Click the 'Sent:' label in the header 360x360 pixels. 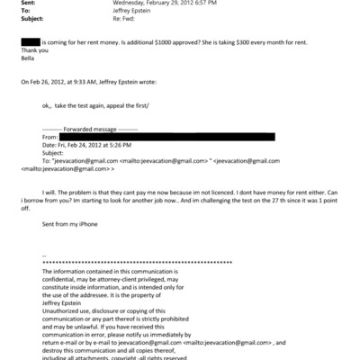point(27,4)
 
